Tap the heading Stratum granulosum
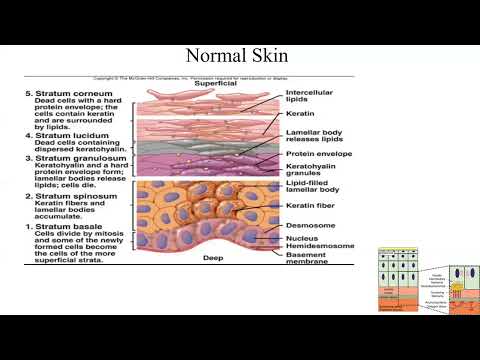pyautogui.click(x=70, y=158)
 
